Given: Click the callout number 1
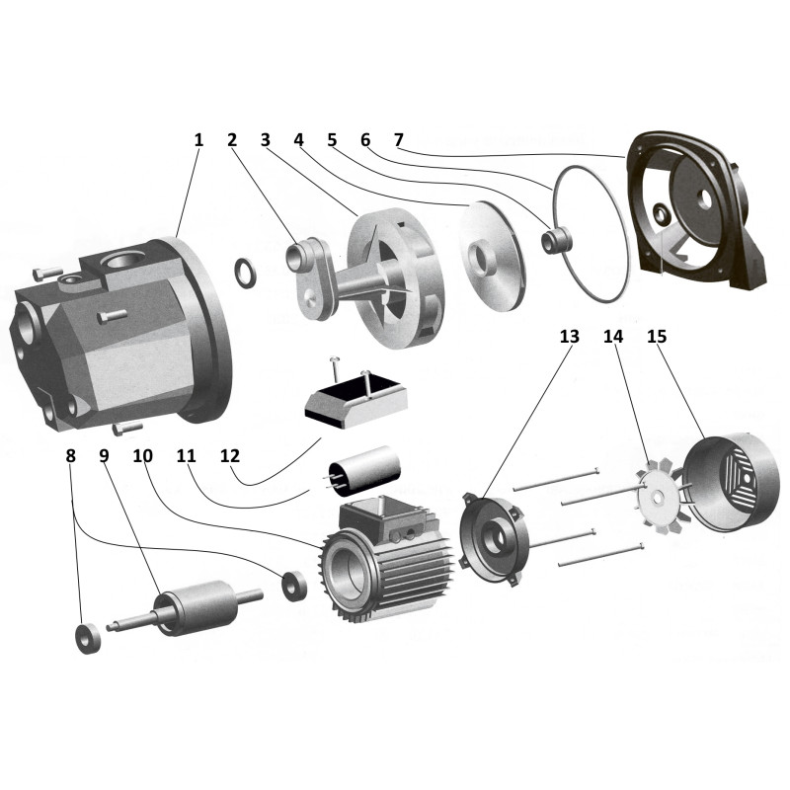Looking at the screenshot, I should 198,140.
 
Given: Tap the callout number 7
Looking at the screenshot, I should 396,140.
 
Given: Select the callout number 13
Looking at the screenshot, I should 569,337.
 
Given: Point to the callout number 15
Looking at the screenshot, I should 657,337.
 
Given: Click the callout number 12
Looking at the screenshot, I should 230,456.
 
